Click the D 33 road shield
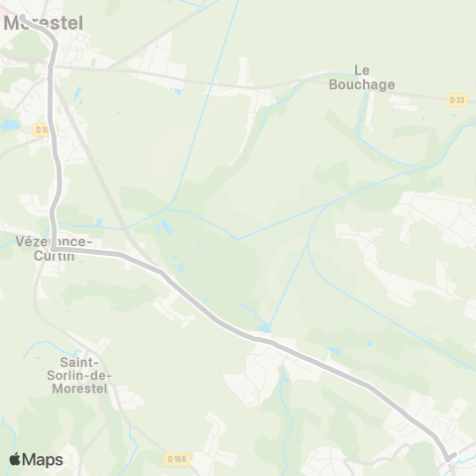pyautogui.click(x=456, y=99)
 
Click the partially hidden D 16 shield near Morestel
pyautogui.click(x=42, y=129)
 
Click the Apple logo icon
pyautogui.click(x=15, y=459)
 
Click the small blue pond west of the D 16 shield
pyautogui.click(x=10, y=126)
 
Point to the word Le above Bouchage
pyautogui.click(x=363, y=70)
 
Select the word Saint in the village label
pyautogui.click(x=85, y=361)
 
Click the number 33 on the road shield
pyautogui.click(x=459, y=99)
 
